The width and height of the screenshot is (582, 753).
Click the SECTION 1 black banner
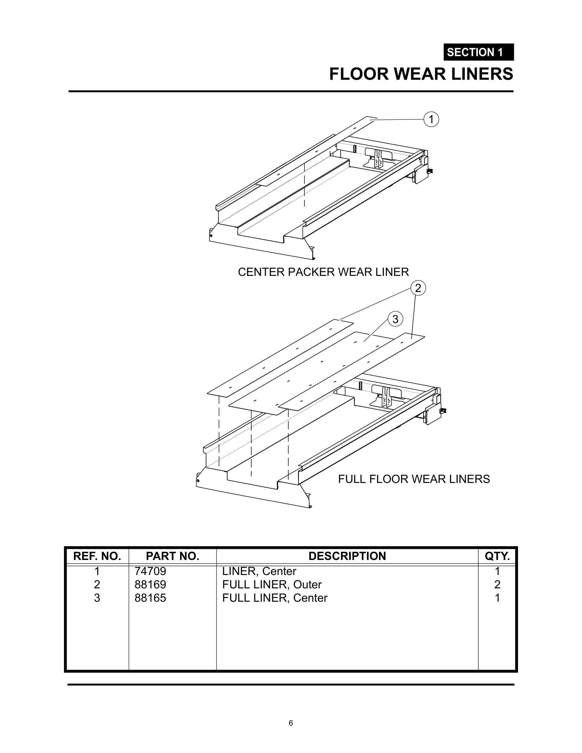[478, 52]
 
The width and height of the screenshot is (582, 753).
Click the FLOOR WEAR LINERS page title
[421, 74]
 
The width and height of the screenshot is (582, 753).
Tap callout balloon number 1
[431, 119]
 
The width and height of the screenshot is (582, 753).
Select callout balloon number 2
[418, 288]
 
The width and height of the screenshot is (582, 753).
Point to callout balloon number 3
[395, 319]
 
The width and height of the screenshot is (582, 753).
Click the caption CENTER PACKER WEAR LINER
[323, 272]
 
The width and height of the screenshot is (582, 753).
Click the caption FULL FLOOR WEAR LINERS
[414, 479]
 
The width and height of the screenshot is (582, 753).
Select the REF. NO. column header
[97, 556]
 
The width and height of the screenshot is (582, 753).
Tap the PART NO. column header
[173, 556]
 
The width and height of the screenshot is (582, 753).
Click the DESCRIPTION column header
[347, 556]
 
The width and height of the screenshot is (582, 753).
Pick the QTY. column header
[497, 556]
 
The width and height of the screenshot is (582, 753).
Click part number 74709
[150, 572]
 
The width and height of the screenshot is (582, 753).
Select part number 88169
[150, 585]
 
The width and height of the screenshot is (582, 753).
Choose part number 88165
[150, 598]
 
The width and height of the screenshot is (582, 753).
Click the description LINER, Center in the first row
[259, 572]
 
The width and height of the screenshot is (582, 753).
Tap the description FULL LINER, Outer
[272, 585]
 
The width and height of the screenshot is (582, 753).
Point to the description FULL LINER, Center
[275, 598]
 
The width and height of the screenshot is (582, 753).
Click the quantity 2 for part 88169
[497, 585]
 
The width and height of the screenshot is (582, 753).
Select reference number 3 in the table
[97, 598]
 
